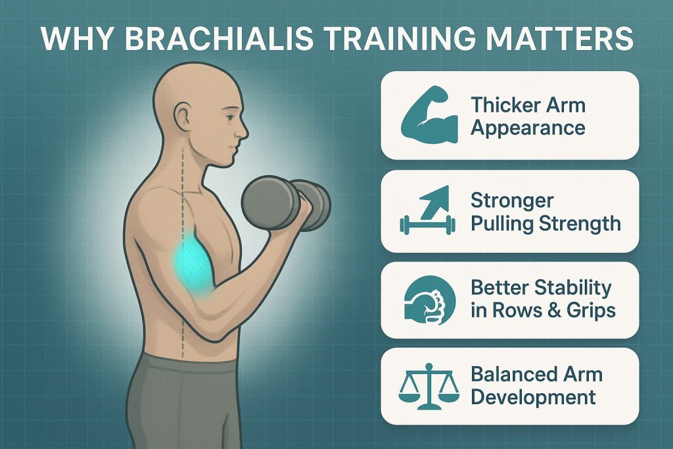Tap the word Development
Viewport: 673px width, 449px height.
[x=533, y=397]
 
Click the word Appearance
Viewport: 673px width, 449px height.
[x=528, y=127]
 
